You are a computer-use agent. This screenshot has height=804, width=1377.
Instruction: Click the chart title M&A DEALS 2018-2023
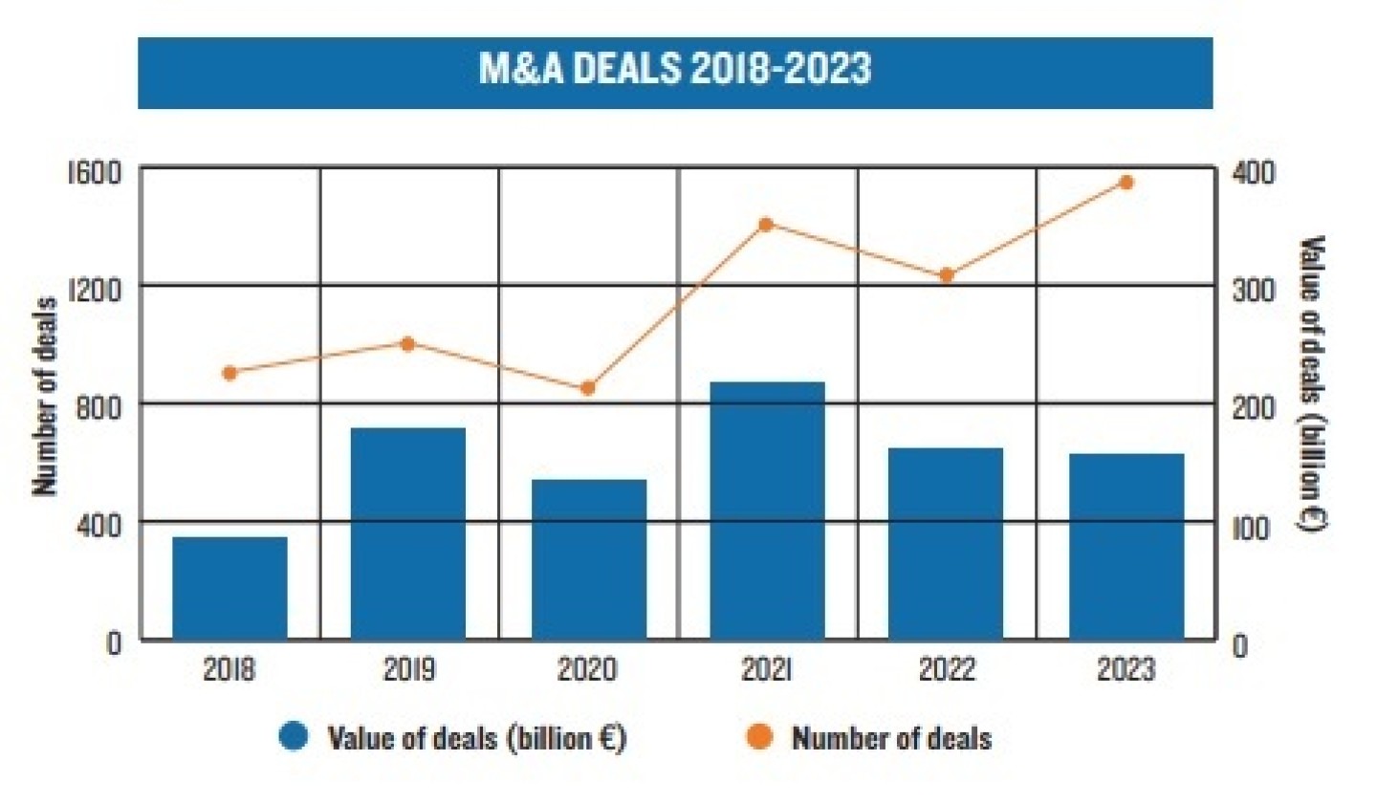coord(675,70)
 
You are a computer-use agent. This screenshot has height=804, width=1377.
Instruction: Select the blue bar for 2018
coord(229,587)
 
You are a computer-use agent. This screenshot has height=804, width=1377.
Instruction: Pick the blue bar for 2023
coord(1126,546)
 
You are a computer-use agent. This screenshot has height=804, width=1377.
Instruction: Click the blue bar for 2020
coord(589,558)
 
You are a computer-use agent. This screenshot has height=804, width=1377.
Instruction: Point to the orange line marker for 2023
coord(1126,183)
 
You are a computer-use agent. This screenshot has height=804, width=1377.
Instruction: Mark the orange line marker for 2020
coord(588,388)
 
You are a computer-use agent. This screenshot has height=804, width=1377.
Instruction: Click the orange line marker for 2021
coord(766,225)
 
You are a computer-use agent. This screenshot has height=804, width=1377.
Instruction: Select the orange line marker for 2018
coord(229,373)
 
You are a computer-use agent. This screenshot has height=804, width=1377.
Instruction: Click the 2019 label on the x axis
coord(409,669)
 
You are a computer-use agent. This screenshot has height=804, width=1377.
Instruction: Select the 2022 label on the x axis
coord(947,669)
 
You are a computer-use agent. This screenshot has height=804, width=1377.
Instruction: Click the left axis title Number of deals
coord(45,397)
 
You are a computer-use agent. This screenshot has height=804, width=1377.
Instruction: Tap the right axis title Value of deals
coord(1313,383)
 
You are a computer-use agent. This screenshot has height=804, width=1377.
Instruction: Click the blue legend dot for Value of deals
coord(294,737)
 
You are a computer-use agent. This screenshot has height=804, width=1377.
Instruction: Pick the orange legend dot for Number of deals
coord(760,737)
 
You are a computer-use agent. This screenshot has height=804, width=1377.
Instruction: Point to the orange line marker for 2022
coord(947,275)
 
